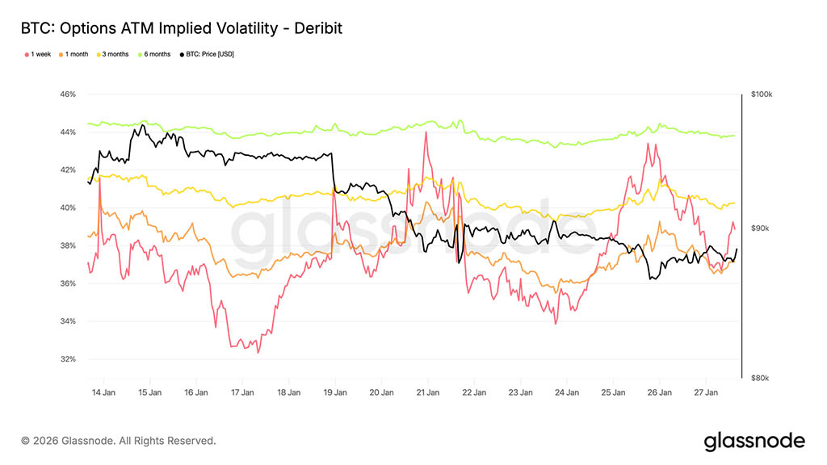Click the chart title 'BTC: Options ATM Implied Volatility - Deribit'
[x=182, y=28]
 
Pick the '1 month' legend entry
[x=76, y=54]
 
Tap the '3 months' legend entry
[x=114, y=54]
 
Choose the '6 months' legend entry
[x=156, y=54]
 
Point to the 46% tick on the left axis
[x=67, y=94]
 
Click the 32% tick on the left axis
[x=67, y=359]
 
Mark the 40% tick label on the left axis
[x=67, y=208]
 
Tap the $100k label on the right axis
[x=762, y=94]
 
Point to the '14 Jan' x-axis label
[x=103, y=393]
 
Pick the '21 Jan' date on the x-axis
[x=427, y=393]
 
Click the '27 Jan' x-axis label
[x=706, y=393]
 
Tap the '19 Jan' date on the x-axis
[x=334, y=393]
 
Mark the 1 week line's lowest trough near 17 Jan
[x=258, y=353]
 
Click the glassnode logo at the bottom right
[x=754, y=441]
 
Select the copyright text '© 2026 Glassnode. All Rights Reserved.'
[x=119, y=441]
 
